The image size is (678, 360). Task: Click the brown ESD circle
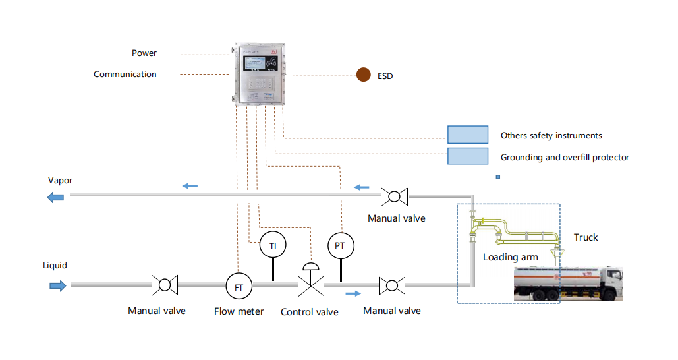tap(363, 75)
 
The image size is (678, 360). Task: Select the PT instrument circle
tap(341, 245)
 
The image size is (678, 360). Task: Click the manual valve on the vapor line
tap(394, 196)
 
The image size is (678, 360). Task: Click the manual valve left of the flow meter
tap(164, 285)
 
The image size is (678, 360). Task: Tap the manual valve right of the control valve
tap(392, 285)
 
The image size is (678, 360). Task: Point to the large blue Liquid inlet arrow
tap(57, 285)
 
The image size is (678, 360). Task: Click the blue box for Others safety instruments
tap(468, 135)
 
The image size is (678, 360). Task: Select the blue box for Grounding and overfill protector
tap(468, 156)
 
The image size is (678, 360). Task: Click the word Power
tap(144, 53)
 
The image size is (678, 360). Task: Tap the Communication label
tap(125, 74)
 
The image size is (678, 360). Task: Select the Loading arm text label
tap(510, 257)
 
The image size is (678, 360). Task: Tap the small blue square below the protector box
tap(498, 177)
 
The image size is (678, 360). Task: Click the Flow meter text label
tap(239, 311)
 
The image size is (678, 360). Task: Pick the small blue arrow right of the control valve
tap(354, 293)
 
